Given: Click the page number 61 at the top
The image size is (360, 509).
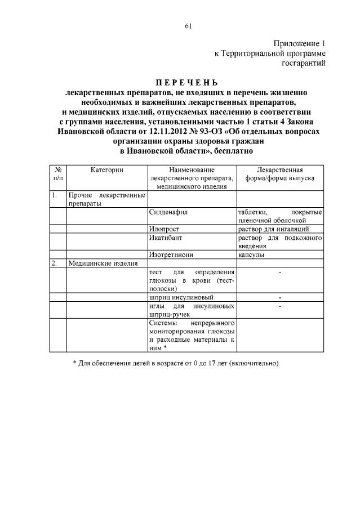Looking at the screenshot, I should pos(188,25).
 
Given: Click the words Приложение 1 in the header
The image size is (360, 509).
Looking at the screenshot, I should pos(299,43).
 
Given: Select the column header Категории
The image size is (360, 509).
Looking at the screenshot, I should pos(106,169).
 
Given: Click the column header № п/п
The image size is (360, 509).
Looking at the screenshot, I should pos(58,173).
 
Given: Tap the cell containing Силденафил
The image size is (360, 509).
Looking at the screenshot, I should pos(168,212).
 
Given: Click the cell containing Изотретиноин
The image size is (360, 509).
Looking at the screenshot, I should pos(171,254).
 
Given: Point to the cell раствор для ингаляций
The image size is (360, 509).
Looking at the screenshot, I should pos(273,229).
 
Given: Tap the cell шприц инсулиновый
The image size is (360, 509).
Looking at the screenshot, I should pos(181,296).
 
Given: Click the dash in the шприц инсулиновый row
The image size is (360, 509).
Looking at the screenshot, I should pos(280,297).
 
